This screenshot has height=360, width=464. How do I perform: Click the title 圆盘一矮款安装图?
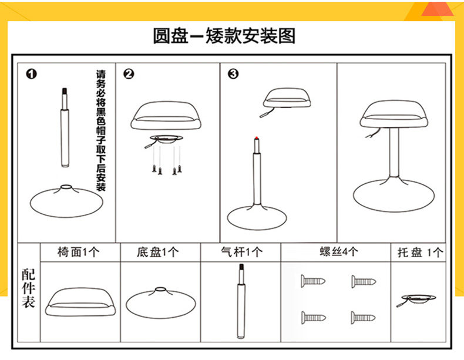tap(224, 36)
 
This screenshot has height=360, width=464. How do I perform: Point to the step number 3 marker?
tap(233, 74)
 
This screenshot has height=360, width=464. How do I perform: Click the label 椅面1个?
tap(79, 253)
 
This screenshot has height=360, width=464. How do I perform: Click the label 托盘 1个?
tap(419, 253)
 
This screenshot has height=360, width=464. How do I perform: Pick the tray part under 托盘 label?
tap(418, 298)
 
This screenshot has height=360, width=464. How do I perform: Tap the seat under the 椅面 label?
tap(79, 300)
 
